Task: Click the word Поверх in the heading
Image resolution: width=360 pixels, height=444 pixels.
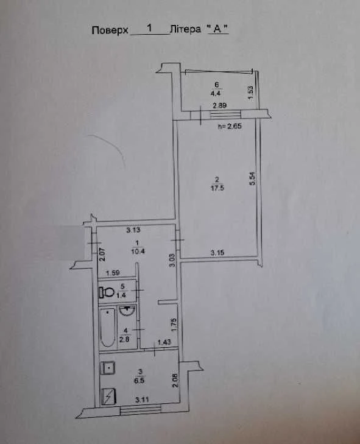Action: (110, 30)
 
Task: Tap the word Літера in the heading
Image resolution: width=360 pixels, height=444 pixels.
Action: (186, 29)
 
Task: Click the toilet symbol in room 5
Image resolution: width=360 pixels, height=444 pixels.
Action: (106, 292)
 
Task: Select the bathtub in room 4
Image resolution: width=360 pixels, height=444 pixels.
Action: (108, 327)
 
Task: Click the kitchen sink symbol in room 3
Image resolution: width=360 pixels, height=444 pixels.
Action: (107, 367)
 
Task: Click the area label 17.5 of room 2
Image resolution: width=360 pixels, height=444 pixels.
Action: (217, 188)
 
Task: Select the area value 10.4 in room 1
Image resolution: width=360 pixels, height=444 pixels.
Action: (138, 251)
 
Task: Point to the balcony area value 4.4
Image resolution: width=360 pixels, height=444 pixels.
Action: (217, 93)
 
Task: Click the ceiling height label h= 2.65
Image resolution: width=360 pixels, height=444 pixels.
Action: (230, 126)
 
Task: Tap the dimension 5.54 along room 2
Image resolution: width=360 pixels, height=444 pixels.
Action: (252, 178)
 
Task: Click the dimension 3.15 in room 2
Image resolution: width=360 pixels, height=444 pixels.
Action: (217, 252)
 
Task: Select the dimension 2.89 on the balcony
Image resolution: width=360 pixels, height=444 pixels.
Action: (220, 105)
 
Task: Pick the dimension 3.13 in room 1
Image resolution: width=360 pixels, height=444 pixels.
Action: (133, 230)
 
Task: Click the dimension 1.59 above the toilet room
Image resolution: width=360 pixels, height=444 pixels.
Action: (113, 273)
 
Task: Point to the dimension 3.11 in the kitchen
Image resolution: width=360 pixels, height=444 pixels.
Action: (142, 400)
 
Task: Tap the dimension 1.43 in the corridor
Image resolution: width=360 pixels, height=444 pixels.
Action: (164, 342)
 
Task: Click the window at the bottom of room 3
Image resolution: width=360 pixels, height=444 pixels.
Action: (141, 410)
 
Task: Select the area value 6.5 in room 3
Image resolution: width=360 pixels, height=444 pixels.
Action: (139, 380)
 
